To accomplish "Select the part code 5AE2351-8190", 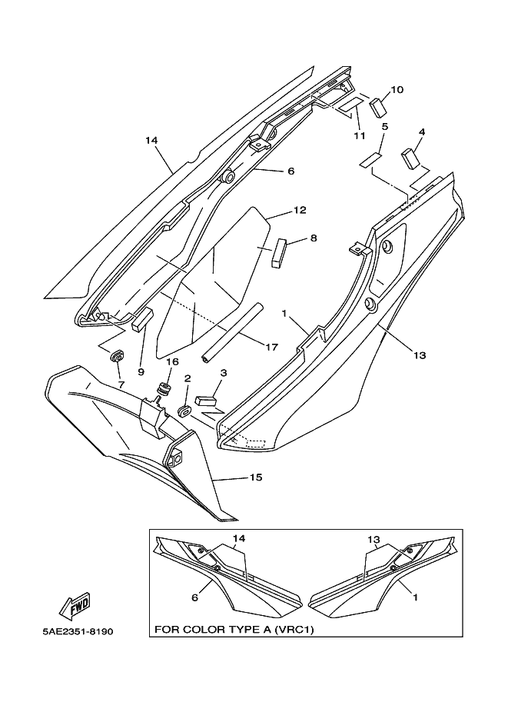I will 78,632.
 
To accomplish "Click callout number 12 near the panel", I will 299,210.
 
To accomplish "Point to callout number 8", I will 313,238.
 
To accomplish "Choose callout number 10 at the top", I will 397,89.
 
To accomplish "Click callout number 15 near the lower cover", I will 255,477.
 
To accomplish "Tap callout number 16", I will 172,361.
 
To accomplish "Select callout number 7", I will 120,383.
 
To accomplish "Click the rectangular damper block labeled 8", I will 279,251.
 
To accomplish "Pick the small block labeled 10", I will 377,106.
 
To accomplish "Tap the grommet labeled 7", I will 118,358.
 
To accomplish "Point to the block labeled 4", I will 409,158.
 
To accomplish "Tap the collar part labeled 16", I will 162,388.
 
